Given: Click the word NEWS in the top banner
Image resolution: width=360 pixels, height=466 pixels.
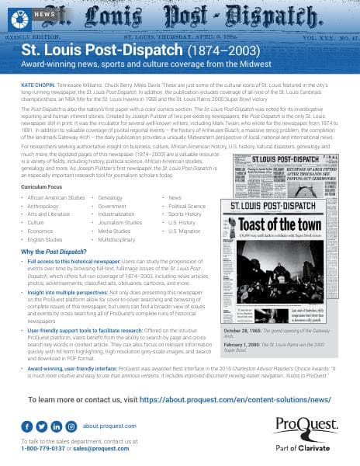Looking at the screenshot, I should pyautogui.click(x=45, y=14).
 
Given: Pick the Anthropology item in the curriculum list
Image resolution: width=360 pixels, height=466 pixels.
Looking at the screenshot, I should pyautogui.click(x=40, y=207).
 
